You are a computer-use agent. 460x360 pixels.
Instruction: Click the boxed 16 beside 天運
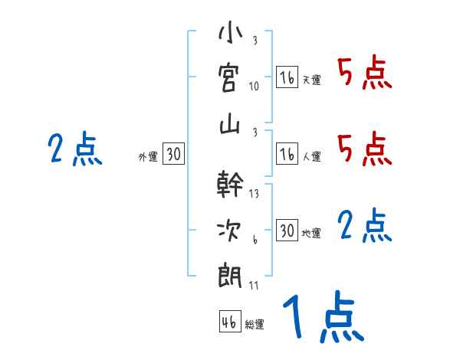tap(287, 77)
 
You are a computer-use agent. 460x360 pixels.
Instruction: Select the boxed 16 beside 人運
tap(287, 154)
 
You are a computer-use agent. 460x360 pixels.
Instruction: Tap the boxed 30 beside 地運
tap(287, 231)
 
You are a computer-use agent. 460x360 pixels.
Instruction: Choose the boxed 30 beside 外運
tap(173, 154)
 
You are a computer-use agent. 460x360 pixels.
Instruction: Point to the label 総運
tap(254, 325)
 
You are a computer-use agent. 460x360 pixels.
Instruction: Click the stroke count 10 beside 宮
tap(254, 86)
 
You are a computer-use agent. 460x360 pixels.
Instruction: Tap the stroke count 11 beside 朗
tap(254, 285)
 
